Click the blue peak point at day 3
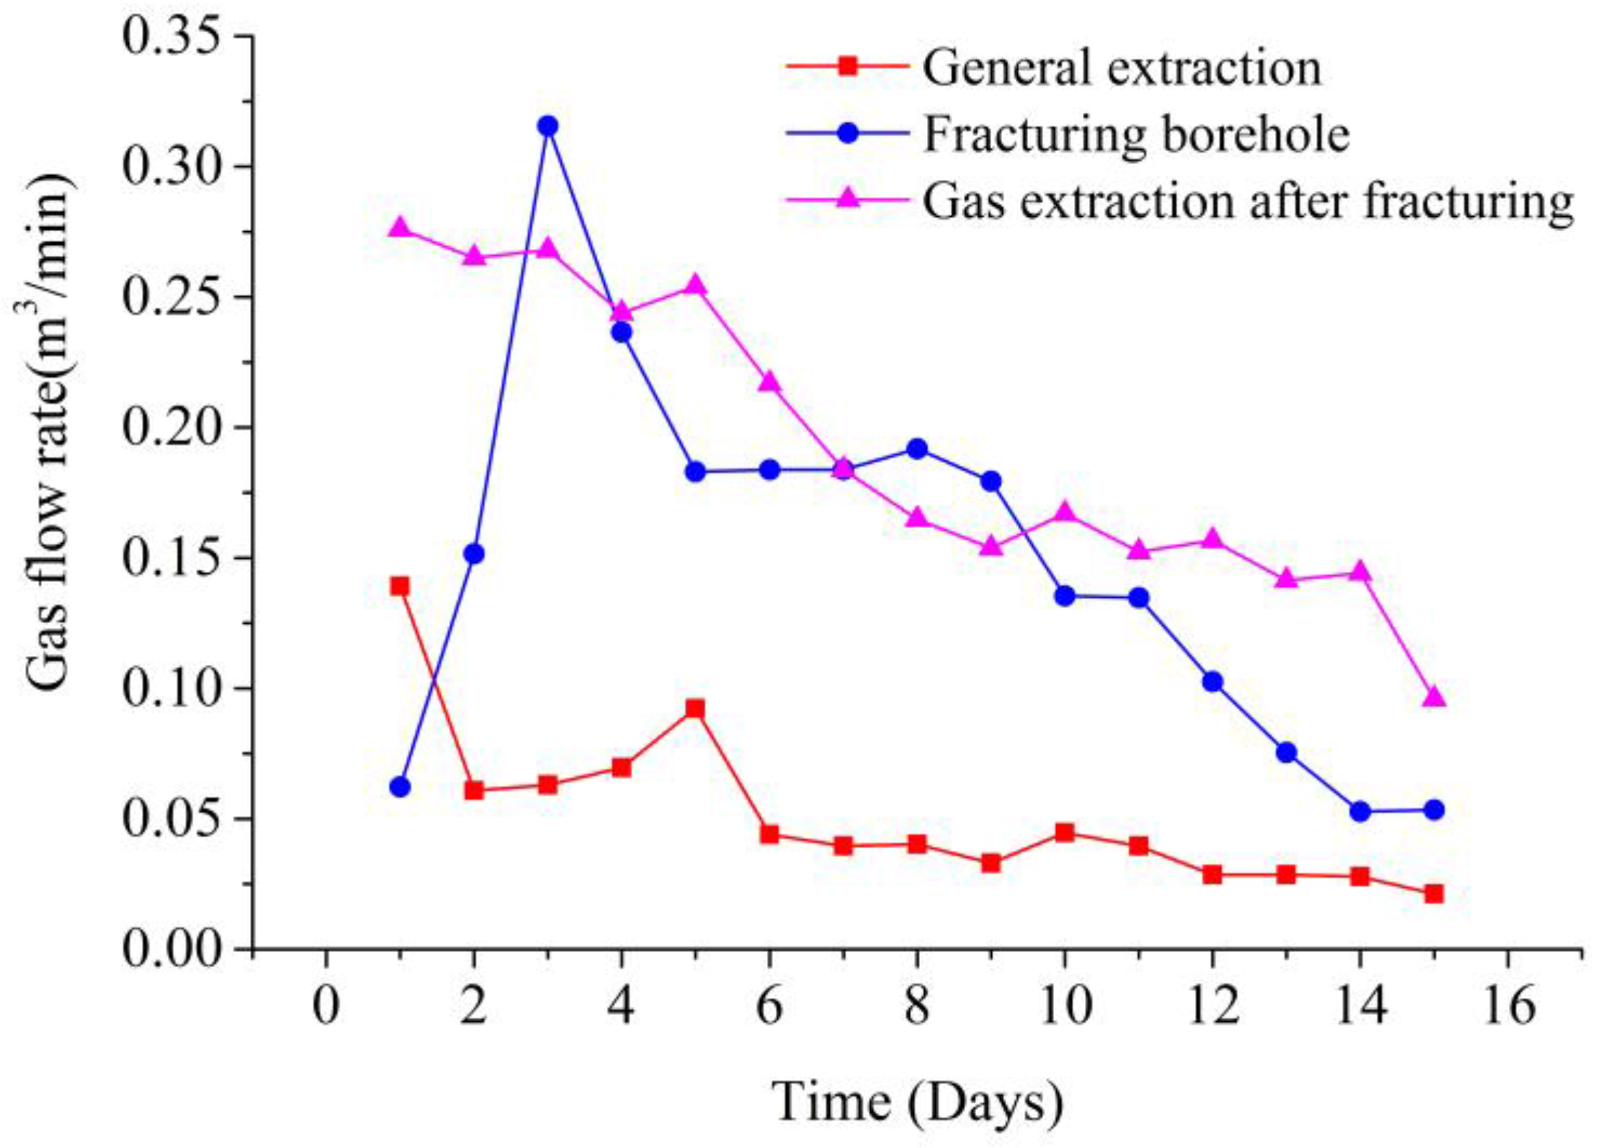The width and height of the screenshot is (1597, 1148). pyautogui.click(x=548, y=126)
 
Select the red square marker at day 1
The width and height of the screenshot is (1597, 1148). pyautogui.click(x=400, y=586)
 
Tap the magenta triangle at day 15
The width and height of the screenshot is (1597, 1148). pyautogui.click(x=1433, y=697)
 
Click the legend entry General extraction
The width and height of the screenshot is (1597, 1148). pyautogui.click(x=1122, y=68)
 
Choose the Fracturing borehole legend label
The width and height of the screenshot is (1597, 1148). pyautogui.click(x=1136, y=134)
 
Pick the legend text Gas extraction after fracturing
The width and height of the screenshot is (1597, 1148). pyautogui.click(x=1248, y=201)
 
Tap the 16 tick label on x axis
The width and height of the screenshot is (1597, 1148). pyautogui.click(x=1508, y=1006)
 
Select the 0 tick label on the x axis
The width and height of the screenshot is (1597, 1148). pyautogui.click(x=326, y=1006)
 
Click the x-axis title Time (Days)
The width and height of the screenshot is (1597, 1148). pyautogui.click(x=917, y=1102)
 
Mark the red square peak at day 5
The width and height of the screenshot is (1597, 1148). pyautogui.click(x=695, y=709)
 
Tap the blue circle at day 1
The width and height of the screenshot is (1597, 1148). pyautogui.click(x=400, y=787)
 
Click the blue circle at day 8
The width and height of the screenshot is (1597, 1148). pyautogui.click(x=917, y=449)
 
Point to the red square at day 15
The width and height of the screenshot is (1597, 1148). pyautogui.click(x=1433, y=894)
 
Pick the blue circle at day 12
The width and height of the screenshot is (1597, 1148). pyautogui.click(x=1212, y=681)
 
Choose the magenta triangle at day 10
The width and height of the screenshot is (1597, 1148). pyautogui.click(x=1065, y=513)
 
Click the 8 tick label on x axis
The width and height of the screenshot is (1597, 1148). pyautogui.click(x=917, y=1006)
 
